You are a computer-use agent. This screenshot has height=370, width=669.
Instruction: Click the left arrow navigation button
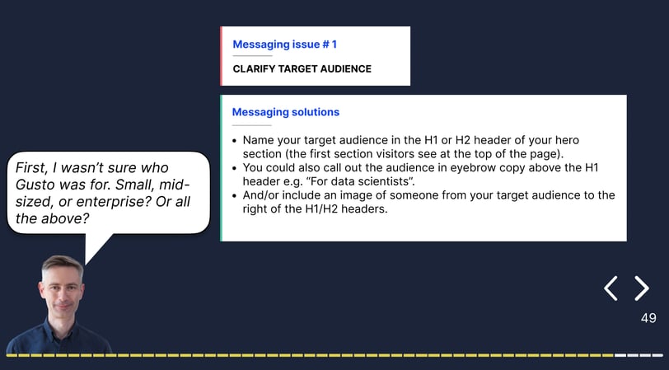611,288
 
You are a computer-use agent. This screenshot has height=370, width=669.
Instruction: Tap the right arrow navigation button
642,288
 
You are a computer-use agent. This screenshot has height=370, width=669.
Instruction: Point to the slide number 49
648,318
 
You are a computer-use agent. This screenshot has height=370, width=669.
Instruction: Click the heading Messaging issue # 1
284,44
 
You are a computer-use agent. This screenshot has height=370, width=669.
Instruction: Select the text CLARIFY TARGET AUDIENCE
302,68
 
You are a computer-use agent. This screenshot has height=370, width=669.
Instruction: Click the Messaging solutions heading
286,112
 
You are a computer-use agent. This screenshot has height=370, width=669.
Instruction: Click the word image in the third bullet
372,195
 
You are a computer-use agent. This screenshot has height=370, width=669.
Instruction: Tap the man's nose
63,297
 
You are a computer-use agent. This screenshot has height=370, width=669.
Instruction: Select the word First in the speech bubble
30,168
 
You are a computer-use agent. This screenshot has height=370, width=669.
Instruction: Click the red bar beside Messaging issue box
221,56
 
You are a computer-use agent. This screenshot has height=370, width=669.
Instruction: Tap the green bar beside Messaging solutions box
221,168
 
